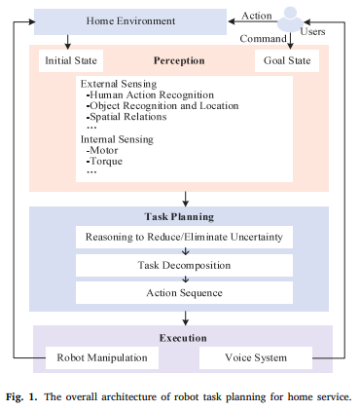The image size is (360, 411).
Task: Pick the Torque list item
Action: [106, 162]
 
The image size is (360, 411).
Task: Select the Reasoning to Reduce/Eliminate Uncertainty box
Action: [184, 238]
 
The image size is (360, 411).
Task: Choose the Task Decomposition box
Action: [184, 264]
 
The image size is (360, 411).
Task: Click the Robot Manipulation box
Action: [101, 357]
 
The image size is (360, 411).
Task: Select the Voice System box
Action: [256, 357]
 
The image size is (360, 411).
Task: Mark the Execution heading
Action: [183, 338]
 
